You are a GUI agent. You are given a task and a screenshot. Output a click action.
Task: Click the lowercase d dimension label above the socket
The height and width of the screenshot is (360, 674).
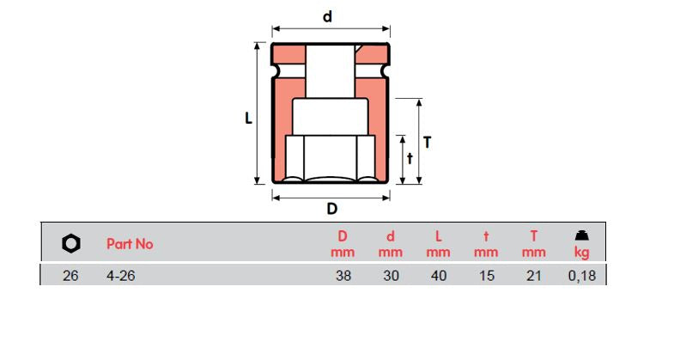click(327, 16)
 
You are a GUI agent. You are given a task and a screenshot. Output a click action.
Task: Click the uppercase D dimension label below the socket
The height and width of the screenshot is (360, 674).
click(331, 209)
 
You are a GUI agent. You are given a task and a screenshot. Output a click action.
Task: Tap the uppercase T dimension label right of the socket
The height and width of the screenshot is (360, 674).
click(427, 143)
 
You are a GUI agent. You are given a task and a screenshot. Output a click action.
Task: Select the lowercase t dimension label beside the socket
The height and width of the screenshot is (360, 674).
click(410, 158)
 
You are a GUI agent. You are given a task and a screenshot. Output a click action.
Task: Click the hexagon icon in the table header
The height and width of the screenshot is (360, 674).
click(71, 244)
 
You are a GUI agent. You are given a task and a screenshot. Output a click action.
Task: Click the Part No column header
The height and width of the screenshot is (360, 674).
click(130, 244)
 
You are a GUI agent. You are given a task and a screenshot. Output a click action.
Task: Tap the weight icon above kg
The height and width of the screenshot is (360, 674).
click(581, 235)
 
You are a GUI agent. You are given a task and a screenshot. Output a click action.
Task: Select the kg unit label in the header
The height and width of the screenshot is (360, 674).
click(581, 253)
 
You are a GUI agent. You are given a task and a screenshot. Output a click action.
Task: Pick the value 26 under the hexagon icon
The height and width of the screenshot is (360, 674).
click(71, 277)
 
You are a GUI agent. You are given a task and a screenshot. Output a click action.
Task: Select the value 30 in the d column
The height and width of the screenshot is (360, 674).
click(390, 277)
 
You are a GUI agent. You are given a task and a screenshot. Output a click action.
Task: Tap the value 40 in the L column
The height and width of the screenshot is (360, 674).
click(438, 277)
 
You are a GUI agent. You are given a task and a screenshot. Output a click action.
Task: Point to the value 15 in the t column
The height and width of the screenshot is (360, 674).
click(486, 277)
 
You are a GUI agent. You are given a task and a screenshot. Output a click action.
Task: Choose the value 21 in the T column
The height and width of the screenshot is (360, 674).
click(533, 277)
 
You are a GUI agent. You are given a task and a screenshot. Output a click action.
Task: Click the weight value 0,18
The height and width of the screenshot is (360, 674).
click(581, 277)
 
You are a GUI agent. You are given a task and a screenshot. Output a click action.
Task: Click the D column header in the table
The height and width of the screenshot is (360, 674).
click(342, 236)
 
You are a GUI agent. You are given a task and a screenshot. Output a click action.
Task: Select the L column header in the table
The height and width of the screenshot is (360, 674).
click(438, 236)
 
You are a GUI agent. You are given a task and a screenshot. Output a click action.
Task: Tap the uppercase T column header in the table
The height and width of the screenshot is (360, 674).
click(533, 236)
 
